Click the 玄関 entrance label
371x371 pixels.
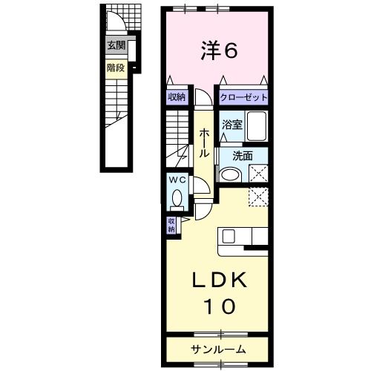[x=116, y=45]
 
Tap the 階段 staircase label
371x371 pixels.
[x=116, y=68]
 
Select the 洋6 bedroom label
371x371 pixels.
[x=219, y=50]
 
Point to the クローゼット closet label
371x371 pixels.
[x=243, y=97]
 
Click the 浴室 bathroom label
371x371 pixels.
[x=232, y=125]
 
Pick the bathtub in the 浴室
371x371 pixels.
[x=257, y=126]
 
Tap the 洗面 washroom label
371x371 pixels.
[x=243, y=157]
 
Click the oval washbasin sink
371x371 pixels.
[x=231, y=174]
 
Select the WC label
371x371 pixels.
[x=177, y=180]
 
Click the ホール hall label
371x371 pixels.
[x=204, y=143]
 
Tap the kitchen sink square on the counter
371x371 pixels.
[x=229, y=236]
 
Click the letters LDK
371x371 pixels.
[x=220, y=280]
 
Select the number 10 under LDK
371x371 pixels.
[x=219, y=306]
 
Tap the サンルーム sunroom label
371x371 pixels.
[x=218, y=349]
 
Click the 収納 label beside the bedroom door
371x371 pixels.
[x=177, y=97]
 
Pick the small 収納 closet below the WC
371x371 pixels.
[x=171, y=225]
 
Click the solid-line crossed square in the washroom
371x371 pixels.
[x=258, y=174]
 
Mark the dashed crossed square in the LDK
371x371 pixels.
[x=258, y=197]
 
